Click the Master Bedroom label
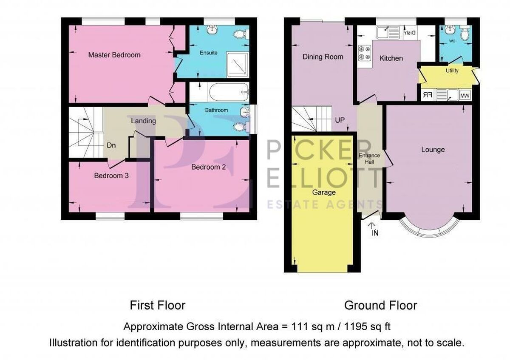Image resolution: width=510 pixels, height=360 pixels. coord(114,55)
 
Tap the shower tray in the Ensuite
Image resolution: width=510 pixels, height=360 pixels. coord(238,65)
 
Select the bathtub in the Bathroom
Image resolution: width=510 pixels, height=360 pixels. coord(228,92)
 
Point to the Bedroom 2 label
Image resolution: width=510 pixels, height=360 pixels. coord(208,167)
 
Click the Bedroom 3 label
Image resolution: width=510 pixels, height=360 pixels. coord(111,176)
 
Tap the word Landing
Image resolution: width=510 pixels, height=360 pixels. coord(144,121)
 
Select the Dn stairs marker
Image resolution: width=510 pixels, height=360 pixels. coord(111,145)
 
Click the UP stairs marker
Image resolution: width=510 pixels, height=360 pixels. coord(340,120)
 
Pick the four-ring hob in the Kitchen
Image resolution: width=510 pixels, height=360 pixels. coord(365,53)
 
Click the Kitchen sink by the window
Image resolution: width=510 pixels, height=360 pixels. coord(388,33)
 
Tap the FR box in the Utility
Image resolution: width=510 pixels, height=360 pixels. coord(428,95)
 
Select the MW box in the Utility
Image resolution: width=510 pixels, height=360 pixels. coord(465,96)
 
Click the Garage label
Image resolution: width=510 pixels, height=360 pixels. coord(324,193)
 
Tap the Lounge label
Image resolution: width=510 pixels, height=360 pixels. coord(433,150)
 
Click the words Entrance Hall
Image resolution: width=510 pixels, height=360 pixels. coord(369,159)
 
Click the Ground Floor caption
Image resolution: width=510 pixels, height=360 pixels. coord(380,305)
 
